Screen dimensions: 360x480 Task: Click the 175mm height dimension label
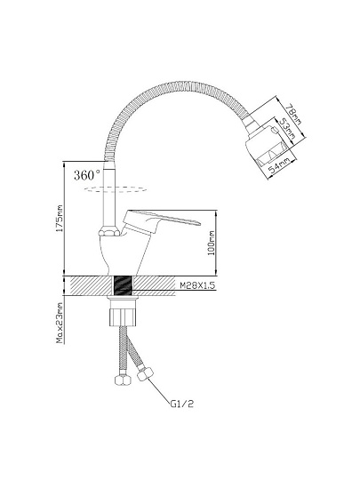click(x=60, y=218)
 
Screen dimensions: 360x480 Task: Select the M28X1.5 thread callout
click(x=197, y=285)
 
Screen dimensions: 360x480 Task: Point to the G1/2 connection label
click(x=182, y=404)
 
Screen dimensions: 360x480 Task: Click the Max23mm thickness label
click(x=60, y=323)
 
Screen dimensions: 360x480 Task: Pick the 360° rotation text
click(x=87, y=175)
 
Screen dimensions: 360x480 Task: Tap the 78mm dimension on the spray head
click(x=293, y=114)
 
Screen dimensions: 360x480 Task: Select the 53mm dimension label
click(x=287, y=130)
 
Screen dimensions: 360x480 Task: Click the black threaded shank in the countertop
click(x=123, y=285)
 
